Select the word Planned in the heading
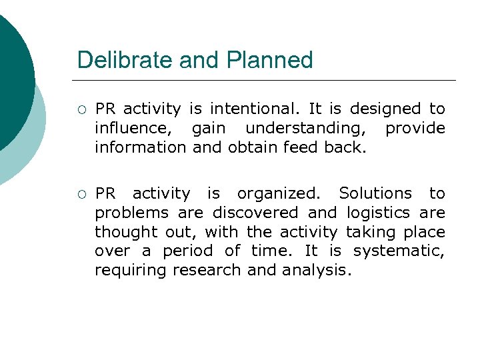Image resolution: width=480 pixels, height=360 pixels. [269, 60]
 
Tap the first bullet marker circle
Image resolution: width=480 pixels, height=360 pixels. [81, 109]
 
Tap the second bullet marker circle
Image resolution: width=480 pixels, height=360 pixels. [81, 194]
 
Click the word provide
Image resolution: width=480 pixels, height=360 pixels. [415, 128]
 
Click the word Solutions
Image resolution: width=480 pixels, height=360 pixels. [375, 193]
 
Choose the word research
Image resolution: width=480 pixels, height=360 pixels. [207, 271]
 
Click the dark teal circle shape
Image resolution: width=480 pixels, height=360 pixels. [10, 73]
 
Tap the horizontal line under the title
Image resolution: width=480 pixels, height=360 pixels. [267, 80]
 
